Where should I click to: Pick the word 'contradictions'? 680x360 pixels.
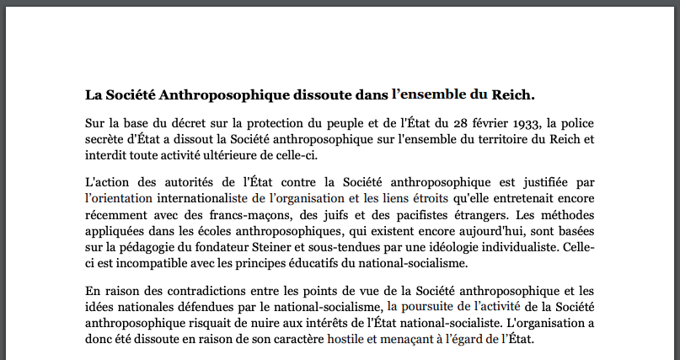(x=176, y=291)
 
